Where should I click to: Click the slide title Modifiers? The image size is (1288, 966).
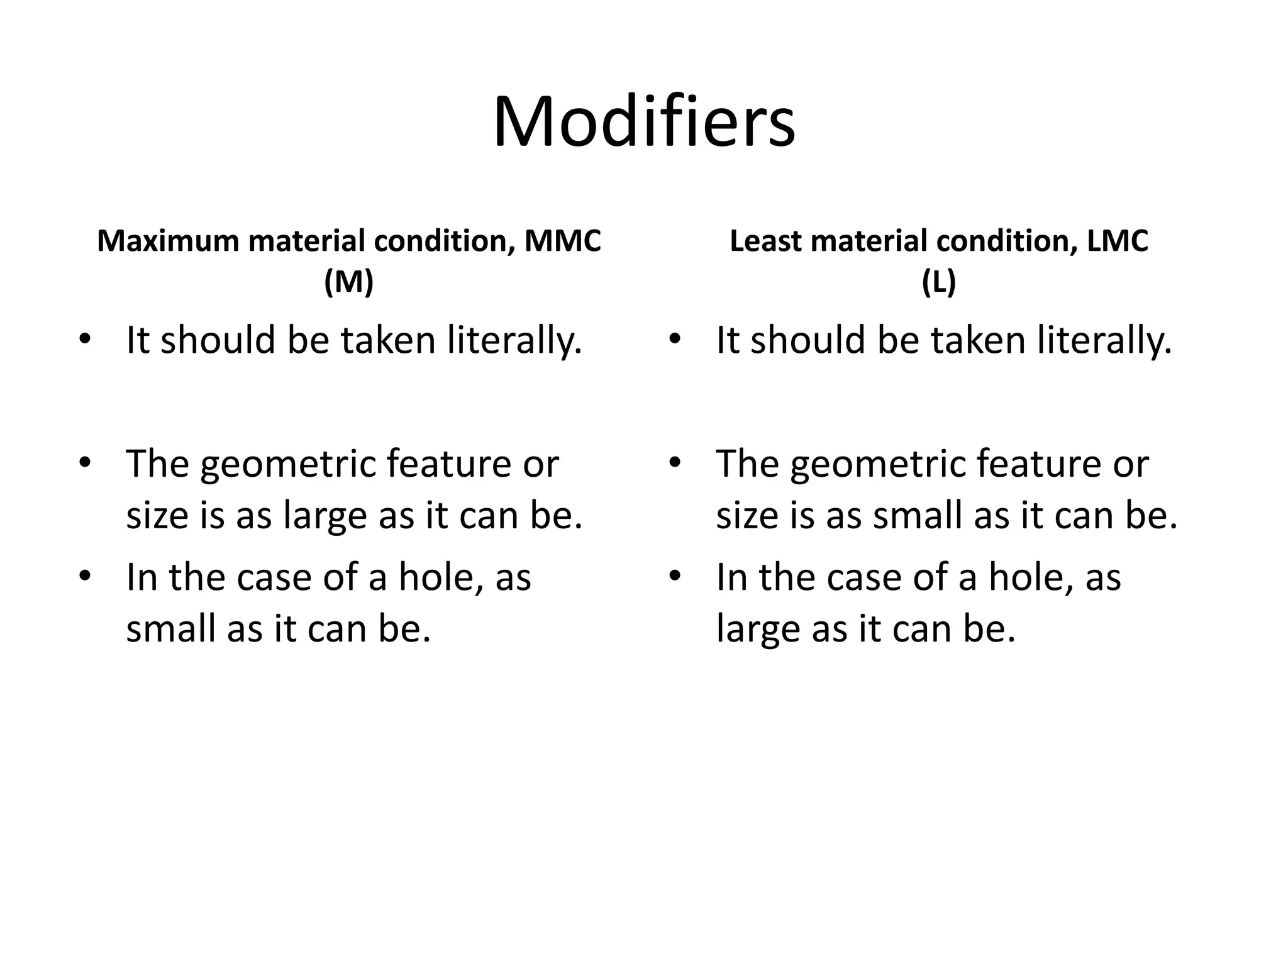click(644, 122)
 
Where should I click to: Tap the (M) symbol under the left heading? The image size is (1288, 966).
click(349, 282)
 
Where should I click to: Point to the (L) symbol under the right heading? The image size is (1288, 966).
click(939, 282)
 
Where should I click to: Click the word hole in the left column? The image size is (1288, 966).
click(440, 577)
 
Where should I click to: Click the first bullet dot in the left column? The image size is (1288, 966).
click(84, 340)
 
